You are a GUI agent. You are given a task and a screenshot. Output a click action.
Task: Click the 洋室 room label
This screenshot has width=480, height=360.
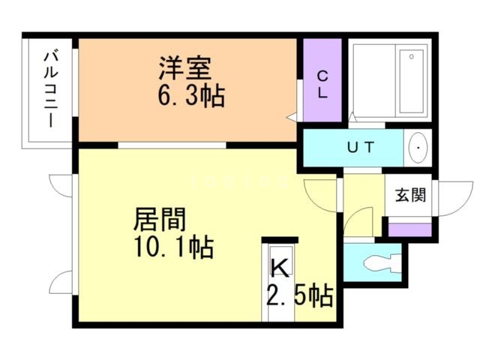(184, 68)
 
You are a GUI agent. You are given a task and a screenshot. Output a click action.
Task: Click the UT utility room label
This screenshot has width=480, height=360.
(362, 147)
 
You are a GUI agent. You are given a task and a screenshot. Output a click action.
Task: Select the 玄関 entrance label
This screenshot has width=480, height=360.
(410, 196)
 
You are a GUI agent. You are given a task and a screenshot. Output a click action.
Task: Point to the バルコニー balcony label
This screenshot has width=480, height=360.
(50, 88)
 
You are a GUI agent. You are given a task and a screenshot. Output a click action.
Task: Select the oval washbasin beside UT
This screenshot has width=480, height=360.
(418, 147)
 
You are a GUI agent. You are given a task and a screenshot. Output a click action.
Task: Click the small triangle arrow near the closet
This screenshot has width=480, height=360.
(292, 116)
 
